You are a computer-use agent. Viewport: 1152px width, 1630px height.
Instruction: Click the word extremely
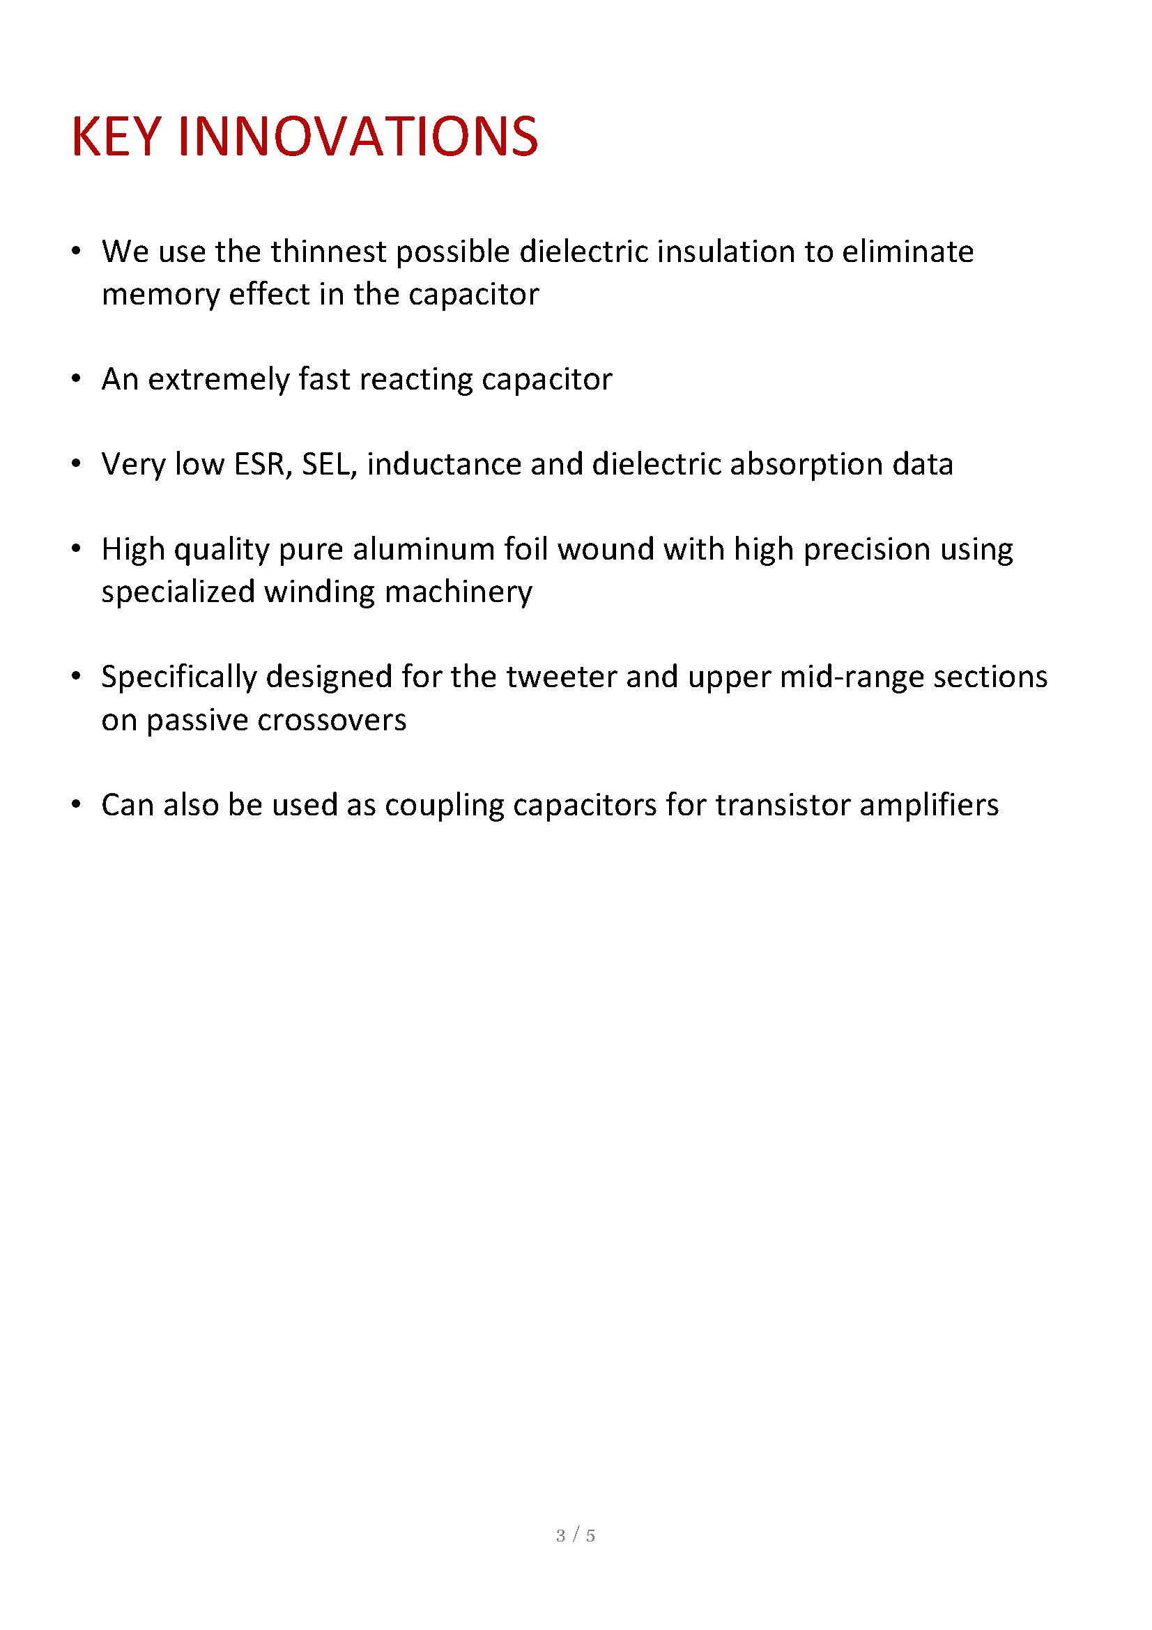pyautogui.click(x=218, y=379)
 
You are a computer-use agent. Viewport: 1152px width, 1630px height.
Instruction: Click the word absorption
pyautogui.click(x=806, y=464)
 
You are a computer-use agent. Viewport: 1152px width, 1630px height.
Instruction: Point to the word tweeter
pyautogui.click(x=561, y=677)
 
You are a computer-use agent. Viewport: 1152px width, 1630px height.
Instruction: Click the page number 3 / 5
pyautogui.click(x=576, y=1536)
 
